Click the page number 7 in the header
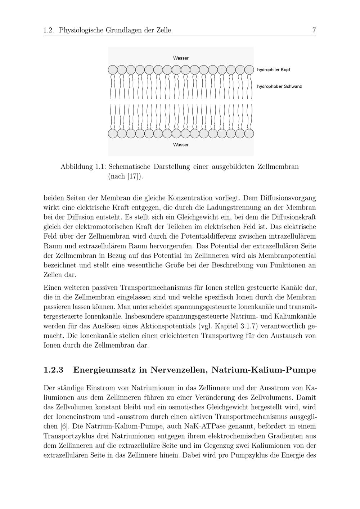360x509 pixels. [x=314, y=30]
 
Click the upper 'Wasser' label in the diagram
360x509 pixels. [x=181, y=58]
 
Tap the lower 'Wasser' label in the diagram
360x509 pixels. [x=181, y=145]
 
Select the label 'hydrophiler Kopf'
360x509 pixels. [x=274, y=69]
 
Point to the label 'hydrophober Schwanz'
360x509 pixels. [x=279, y=86]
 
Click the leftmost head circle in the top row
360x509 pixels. [x=113, y=69]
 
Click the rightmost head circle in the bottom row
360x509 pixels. [x=249, y=134]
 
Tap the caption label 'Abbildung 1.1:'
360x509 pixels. [x=83, y=167]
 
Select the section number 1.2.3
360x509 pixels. [x=53, y=370]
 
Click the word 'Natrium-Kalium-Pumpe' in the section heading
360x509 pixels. [x=264, y=370]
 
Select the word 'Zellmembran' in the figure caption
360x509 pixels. [x=278, y=167]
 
